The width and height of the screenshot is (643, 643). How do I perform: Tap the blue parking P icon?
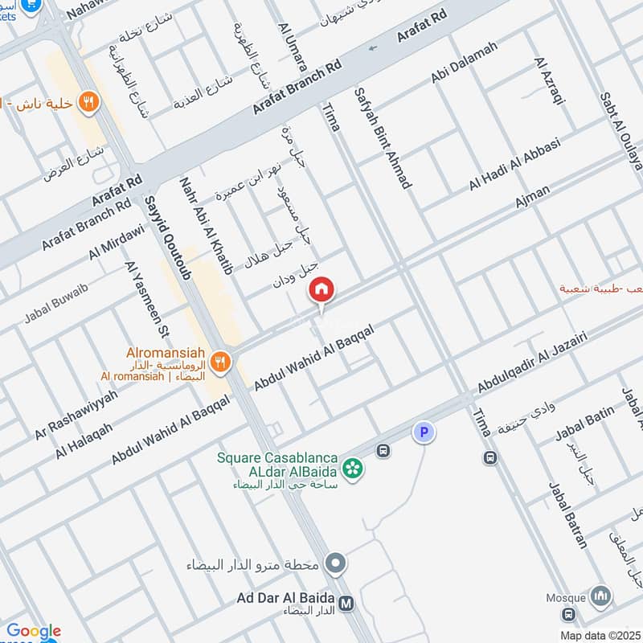tap(424, 433)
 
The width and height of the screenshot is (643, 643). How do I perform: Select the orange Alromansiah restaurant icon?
tap(223, 361)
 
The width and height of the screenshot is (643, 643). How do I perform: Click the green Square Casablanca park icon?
tap(350, 466)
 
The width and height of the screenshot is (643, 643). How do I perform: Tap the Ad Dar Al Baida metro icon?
tap(346, 603)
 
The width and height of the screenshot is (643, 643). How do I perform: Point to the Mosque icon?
tap(600, 596)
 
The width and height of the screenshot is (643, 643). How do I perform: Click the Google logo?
tap(34, 631)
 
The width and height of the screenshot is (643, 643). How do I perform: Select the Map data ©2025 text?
tap(600, 635)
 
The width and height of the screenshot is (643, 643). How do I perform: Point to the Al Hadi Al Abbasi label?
tap(514, 170)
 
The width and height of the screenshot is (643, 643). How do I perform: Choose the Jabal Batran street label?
tap(568, 515)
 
